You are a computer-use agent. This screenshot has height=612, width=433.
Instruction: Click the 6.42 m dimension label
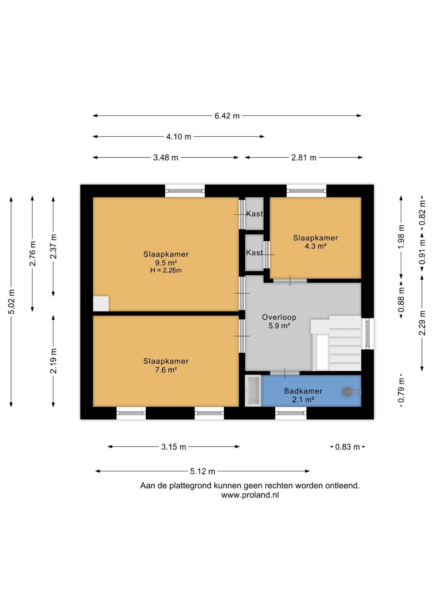pos(227,116)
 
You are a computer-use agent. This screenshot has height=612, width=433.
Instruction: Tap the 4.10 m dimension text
pos(179,137)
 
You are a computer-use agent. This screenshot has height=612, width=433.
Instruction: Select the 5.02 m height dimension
pos(11,302)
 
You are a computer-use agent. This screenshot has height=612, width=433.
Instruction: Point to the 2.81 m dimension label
pos(304,157)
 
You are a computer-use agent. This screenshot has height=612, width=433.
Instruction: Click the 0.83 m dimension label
pos(348,447)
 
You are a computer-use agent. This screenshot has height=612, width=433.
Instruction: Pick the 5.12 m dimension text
pos(203,471)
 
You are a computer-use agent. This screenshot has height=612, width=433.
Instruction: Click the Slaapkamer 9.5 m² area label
pos(166,259)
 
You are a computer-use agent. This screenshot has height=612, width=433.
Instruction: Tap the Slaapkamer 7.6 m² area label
pos(166,365)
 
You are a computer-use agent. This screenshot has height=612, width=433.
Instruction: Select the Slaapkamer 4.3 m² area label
pos(316,242)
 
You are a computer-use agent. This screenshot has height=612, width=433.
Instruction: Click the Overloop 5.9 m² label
pos(279,321)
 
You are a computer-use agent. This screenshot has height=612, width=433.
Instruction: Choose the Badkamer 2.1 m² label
pos(303,395)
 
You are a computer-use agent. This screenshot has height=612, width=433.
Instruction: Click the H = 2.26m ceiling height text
pos(166,271)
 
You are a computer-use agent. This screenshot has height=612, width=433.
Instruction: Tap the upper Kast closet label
pos(254,214)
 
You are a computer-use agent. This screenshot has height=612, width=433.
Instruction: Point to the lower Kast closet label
pos(254,252)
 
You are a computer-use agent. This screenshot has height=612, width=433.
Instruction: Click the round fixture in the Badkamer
pos(347,392)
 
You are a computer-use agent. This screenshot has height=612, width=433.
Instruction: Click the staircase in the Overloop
pos(336,343)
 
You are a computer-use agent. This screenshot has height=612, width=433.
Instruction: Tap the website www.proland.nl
pos(250,495)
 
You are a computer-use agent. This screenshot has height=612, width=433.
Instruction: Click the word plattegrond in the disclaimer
pos(190,486)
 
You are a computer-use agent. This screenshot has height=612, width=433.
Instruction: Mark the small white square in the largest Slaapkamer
pos(101,304)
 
